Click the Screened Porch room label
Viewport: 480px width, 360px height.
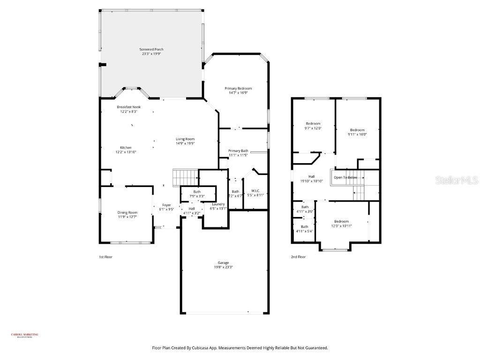[x=151, y=49]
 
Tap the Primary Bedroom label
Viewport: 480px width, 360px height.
[x=238, y=89]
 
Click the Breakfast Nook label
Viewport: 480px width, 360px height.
[x=128, y=107]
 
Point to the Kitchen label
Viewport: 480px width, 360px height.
[x=126, y=148]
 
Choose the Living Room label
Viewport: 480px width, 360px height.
[x=185, y=139]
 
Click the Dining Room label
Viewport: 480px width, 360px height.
[x=127, y=213]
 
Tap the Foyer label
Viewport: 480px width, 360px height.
[x=166, y=205]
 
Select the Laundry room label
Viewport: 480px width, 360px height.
[x=218, y=204]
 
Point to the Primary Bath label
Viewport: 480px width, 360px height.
[x=238, y=150]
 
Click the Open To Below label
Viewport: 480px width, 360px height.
[x=345, y=178]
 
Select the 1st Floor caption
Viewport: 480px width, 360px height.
[x=105, y=257]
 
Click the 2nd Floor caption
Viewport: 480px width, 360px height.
[x=298, y=257]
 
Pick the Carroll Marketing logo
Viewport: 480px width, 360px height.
[x=25, y=335]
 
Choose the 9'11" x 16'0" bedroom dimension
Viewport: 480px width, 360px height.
[x=357, y=135]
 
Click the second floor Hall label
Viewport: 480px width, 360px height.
[x=311, y=176]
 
